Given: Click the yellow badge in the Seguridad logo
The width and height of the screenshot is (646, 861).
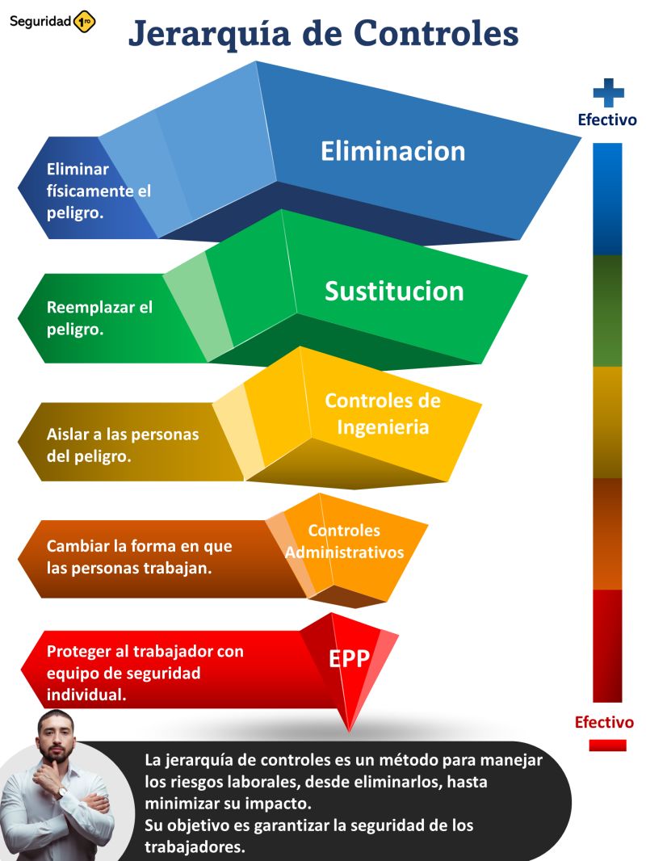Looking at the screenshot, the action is tap(84, 22).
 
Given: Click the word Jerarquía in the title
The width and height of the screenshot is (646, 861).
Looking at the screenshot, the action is tap(209, 33).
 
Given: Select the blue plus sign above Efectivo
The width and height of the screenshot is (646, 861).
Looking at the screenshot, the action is tap(608, 93).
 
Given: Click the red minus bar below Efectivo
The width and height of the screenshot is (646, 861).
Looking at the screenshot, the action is tap(607, 745).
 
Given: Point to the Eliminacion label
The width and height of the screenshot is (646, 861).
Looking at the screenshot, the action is tap(392, 151).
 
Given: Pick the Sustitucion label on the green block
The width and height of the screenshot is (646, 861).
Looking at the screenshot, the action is tap(394, 291).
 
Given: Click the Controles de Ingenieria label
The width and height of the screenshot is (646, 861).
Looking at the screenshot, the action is tap(383, 414).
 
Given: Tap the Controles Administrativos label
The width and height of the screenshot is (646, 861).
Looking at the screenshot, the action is tap(344, 541).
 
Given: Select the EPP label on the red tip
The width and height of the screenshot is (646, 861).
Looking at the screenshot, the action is tap(349, 658).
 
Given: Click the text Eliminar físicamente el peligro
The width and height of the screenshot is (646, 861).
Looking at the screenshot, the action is tap(99, 191).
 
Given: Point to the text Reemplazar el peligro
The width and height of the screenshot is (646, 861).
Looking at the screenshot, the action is tap(99, 318).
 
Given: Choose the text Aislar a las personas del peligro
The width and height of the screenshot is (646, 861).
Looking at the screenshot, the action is tap(123, 445).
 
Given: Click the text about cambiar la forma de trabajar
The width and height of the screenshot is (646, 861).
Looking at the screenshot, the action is tap(139, 556).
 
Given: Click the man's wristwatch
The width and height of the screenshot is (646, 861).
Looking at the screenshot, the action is tap(62, 792).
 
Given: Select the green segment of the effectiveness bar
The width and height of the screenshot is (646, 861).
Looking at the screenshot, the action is tap(607, 311).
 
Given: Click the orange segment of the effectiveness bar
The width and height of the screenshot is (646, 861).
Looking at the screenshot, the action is tap(607, 534).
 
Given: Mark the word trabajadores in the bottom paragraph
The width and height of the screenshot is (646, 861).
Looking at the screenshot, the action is tap(195, 846).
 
